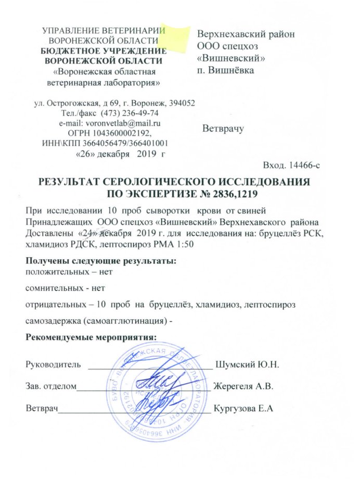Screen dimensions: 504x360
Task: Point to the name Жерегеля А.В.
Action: (x=244, y=387)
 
